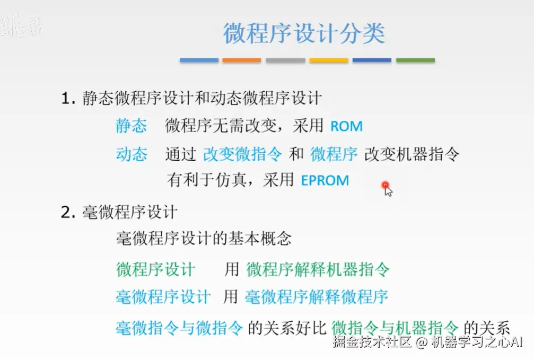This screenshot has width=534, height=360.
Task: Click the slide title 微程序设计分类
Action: click(x=304, y=33)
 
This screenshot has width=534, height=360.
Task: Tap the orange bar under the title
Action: click(x=242, y=60)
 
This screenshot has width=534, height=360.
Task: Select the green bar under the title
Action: click(x=415, y=60)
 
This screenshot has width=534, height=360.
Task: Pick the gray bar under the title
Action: click(x=285, y=60)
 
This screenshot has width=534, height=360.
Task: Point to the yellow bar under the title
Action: click(x=329, y=60)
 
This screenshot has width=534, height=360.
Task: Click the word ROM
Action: click(x=346, y=127)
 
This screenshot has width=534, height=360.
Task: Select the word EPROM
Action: click(x=325, y=180)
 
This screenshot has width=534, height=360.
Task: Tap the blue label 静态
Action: click(x=132, y=126)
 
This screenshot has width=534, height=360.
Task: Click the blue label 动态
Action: click(x=132, y=154)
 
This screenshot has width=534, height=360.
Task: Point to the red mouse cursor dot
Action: click(x=386, y=186)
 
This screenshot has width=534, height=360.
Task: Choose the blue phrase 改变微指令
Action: click(x=243, y=154)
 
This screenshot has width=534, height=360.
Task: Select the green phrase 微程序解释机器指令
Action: click(x=318, y=269)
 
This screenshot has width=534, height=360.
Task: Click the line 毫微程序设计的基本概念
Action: click(x=204, y=238)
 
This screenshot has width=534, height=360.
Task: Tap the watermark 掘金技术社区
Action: click(x=372, y=342)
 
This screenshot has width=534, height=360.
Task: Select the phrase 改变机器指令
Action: click(x=412, y=154)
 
